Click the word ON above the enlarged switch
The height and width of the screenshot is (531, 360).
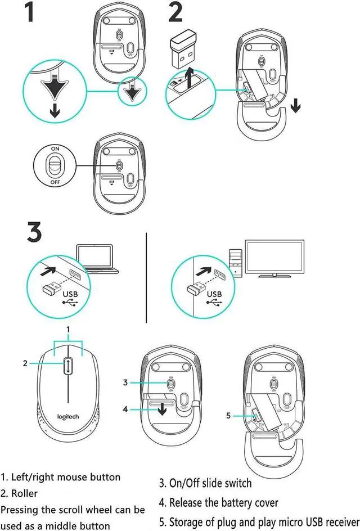tap(55, 148)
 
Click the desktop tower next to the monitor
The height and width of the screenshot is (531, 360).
tap(236, 260)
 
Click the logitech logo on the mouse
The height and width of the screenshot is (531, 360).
tap(67, 416)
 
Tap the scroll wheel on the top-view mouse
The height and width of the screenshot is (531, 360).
tap(67, 366)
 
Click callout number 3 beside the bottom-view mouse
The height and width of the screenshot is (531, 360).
tap(126, 382)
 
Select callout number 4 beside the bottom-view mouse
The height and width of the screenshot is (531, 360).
tap(126, 409)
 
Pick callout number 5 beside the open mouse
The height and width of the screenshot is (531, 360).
tap(228, 416)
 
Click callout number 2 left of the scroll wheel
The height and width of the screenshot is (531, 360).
tap(25, 363)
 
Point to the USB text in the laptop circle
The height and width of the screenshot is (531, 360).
tap(71, 294)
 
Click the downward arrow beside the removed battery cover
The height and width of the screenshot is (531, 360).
tap(296, 105)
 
